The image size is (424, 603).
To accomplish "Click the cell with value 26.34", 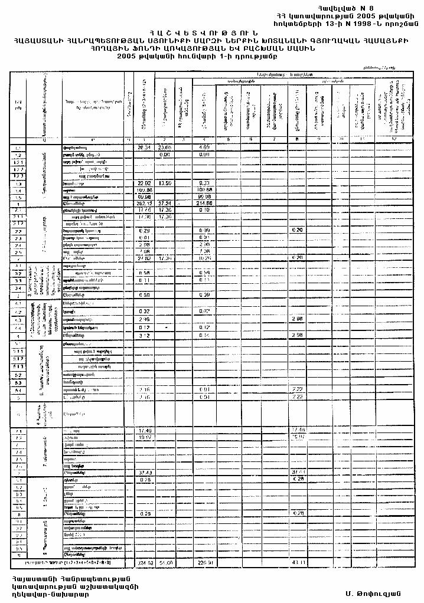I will (144, 146).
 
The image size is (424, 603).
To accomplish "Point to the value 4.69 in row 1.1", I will (204, 146).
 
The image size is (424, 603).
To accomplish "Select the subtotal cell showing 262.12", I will (143, 204).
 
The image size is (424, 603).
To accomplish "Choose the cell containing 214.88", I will (204, 204).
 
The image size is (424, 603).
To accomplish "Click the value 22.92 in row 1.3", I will (144, 183).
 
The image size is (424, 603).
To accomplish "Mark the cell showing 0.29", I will (143, 230).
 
